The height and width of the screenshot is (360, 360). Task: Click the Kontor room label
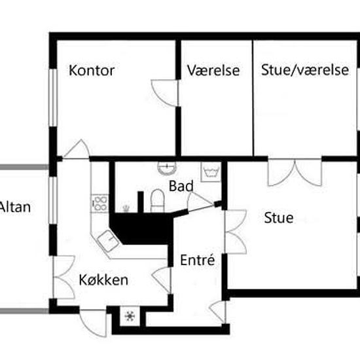point(92,70)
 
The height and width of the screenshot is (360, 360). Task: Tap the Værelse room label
point(213,70)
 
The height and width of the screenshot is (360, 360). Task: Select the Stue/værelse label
point(305,70)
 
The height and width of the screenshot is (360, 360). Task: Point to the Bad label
point(181,186)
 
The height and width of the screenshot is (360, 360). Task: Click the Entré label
point(198,260)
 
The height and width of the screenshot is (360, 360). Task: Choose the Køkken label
point(103,280)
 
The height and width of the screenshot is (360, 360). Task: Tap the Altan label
point(15,207)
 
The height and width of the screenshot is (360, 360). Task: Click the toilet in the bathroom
point(158,200)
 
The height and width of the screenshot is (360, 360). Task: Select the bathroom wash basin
point(167,168)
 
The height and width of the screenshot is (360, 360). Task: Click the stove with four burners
point(100,203)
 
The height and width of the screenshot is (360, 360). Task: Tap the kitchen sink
point(108,241)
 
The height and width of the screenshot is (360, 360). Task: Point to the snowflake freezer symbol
point(130,316)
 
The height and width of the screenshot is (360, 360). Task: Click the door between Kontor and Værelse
point(164,93)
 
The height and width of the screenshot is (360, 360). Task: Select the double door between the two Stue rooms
point(295,172)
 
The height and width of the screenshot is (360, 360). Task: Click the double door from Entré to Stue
point(236,232)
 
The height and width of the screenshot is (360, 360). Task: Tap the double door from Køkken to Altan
point(64,278)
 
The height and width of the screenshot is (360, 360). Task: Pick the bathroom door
point(200,202)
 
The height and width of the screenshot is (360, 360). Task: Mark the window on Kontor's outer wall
point(53,98)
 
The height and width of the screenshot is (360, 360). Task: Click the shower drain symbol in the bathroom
point(126,208)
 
